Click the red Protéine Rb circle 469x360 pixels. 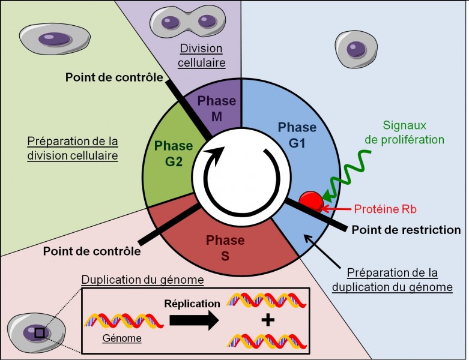pos(311,200)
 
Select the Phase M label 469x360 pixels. pos(217,109)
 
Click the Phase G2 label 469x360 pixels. pos(174,153)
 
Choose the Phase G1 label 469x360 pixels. pos(297,134)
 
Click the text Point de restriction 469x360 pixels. pos(406,230)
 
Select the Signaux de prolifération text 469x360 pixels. pos(414,133)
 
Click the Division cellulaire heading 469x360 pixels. pos(201,55)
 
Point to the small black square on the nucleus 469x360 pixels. pos(40,332)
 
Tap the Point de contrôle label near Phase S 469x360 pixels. pos(92,251)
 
